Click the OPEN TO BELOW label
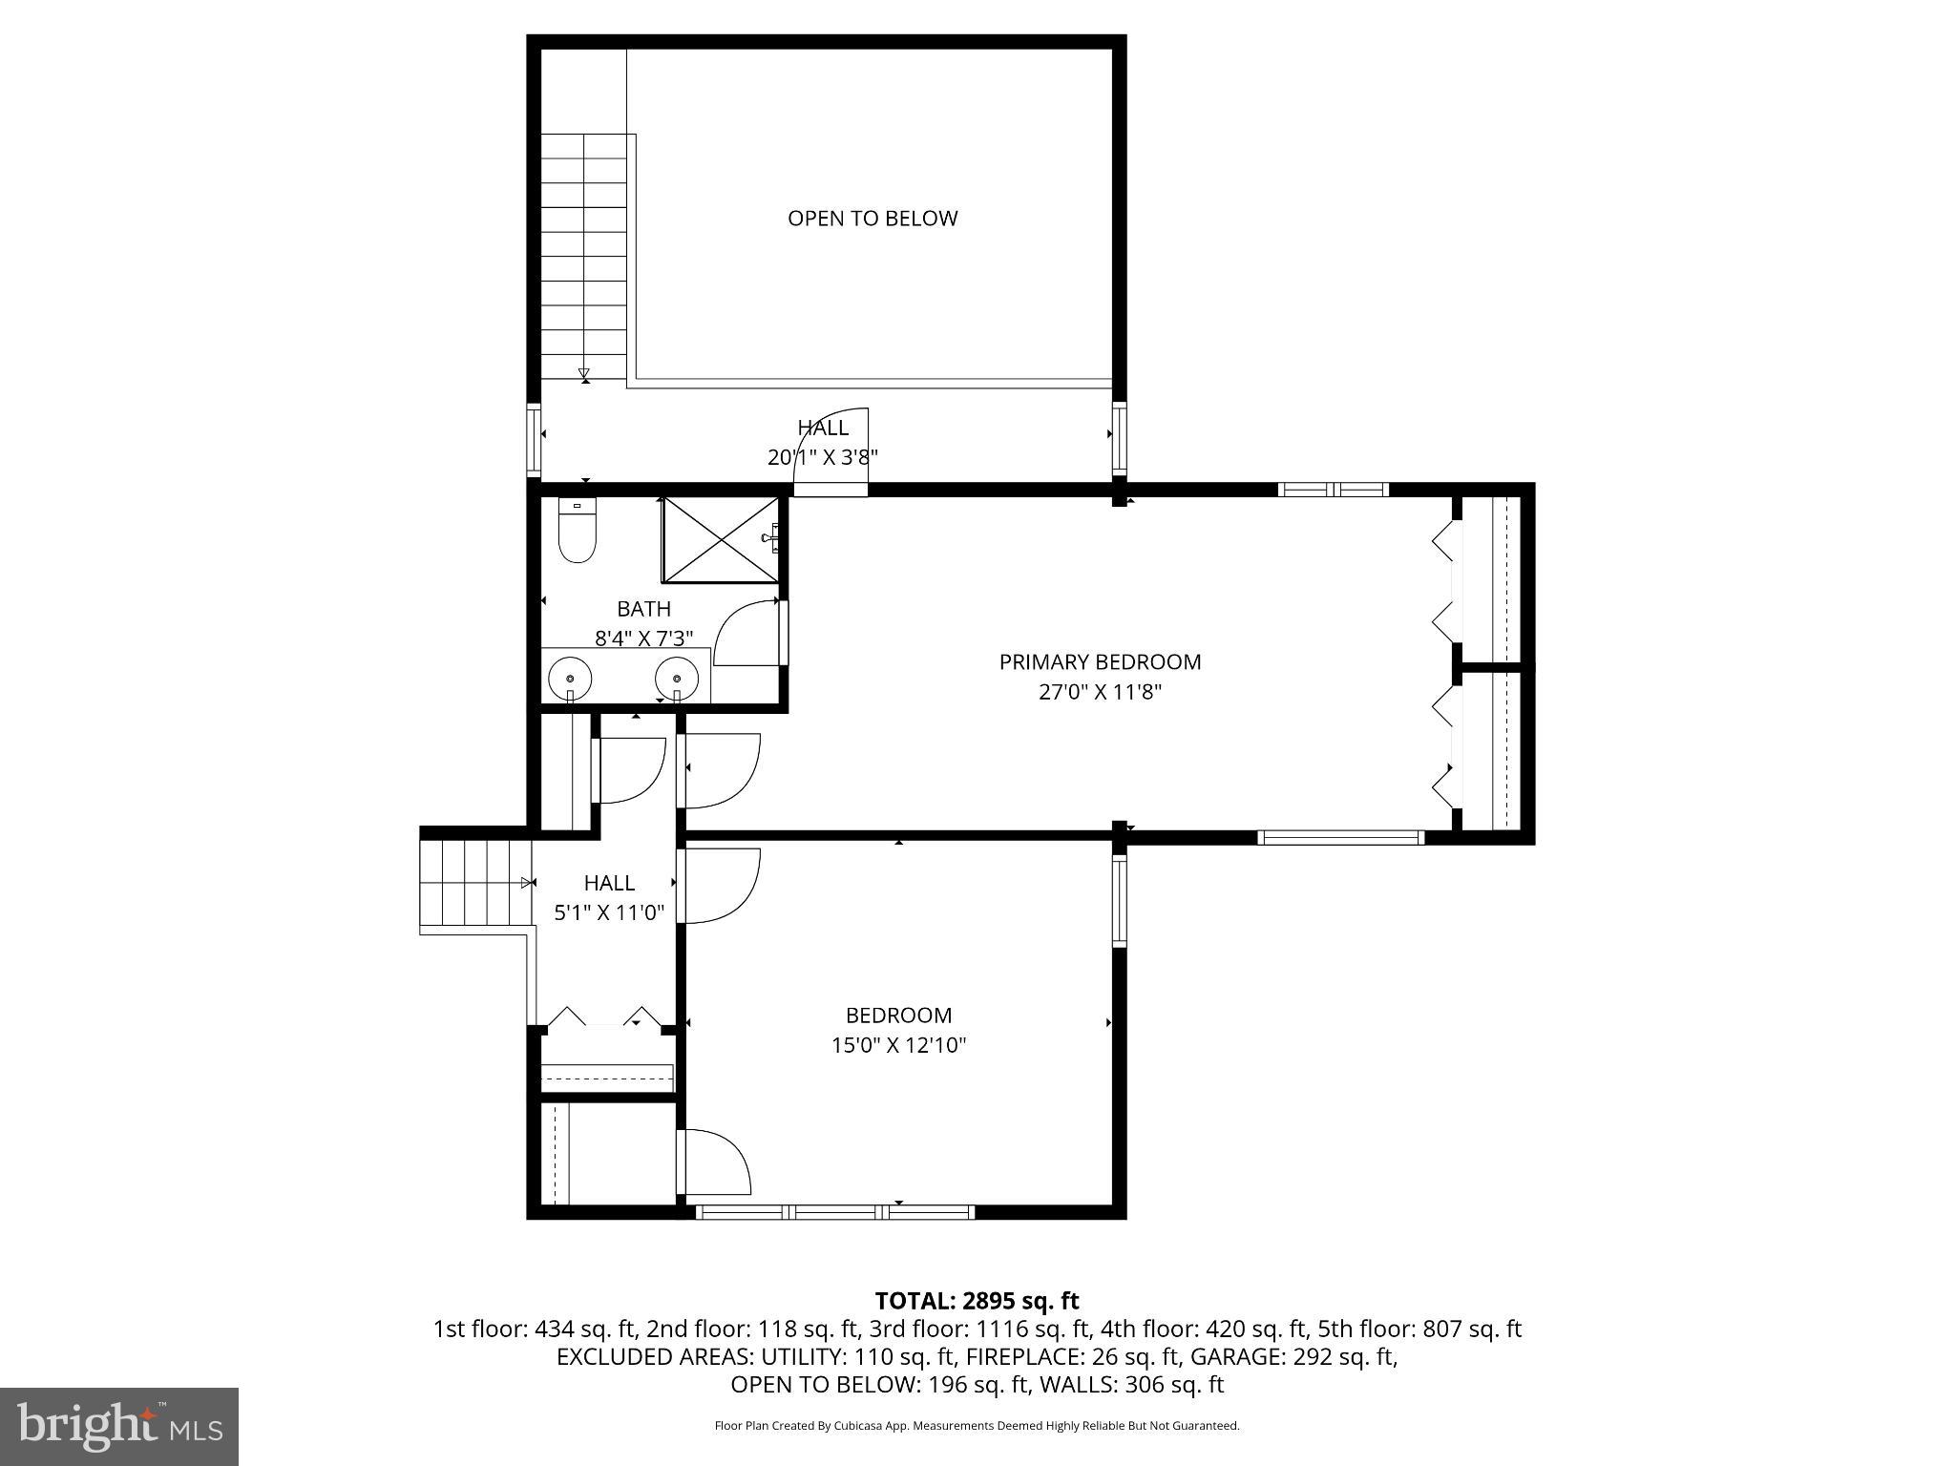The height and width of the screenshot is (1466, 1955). pyautogui.click(x=872, y=219)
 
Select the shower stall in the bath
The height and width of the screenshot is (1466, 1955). pyautogui.click(x=722, y=539)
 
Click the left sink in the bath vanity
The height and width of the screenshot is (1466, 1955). pyautogui.click(x=570, y=679)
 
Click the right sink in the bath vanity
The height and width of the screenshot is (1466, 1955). pyautogui.click(x=677, y=679)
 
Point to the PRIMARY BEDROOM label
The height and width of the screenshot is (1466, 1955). pyautogui.click(x=1100, y=661)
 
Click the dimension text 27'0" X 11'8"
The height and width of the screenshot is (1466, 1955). pyautogui.click(x=1100, y=692)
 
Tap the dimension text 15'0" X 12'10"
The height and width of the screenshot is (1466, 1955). pyautogui.click(x=898, y=1045)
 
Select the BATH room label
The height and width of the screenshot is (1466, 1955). pyautogui.click(x=643, y=609)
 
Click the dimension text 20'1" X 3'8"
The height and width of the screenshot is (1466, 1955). pyautogui.click(x=822, y=457)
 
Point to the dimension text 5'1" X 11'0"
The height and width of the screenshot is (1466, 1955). pyautogui.click(x=609, y=912)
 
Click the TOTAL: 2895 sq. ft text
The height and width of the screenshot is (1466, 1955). pyautogui.click(x=977, y=1301)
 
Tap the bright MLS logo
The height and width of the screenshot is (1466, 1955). pyautogui.click(x=118, y=1426)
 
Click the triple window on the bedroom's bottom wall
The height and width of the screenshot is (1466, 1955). pyautogui.click(x=835, y=1212)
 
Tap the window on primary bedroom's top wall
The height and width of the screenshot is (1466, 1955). pyautogui.click(x=1333, y=490)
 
